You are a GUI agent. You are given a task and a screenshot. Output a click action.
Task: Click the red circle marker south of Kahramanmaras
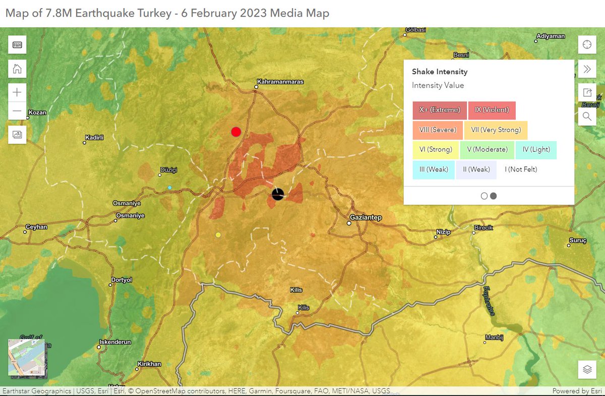pyautogui.click(x=236, y=132)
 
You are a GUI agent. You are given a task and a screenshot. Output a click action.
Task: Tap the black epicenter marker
pyautogui.click(x=278, y=194)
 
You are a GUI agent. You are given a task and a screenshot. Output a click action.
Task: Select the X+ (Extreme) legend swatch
pyautogui.click(x=440, y=110)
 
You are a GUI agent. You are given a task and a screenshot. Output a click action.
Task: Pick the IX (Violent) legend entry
pyautogui.click(x=492, y=110)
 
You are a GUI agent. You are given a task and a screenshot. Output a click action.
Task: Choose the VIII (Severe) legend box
pyautogui.click(x=437, y=130)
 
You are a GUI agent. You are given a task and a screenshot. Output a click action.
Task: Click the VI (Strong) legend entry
pyautogui.click(x=436, y=150)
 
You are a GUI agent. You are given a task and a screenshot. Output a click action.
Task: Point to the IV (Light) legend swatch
pyautogui.click(x=536, y=150)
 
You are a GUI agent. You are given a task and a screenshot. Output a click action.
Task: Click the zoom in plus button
pyautogui.click(x=17, y=92)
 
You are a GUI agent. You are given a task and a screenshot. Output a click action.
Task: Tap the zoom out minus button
pyautogui.click(x=17, y=111)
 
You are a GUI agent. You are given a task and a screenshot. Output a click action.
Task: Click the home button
pyautogui.click(x=17, y=69)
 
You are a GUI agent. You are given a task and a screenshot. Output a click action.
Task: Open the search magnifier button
pyautogui.click(x=587, y=116)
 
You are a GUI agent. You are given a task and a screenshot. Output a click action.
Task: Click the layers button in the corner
pyautogui.click(x=587, y=369)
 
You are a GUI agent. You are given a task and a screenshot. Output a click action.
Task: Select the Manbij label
pyautogui.click(x=494, y=337)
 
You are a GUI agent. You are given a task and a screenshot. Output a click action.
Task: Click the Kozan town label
pyautogui.click(x=38, y=112)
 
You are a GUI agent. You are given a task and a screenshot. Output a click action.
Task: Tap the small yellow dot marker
pyautogui.click(x=218, y=235)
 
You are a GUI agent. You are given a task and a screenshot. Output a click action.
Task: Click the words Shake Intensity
pyautogui.click(x=440, y=72)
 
